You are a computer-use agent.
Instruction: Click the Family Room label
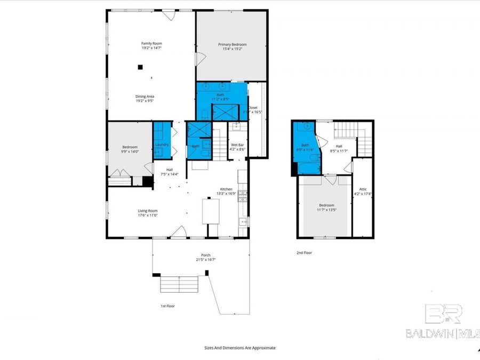coord(151,43)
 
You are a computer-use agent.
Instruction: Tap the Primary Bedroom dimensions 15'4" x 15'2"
coord(232,49)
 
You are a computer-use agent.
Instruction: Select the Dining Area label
coord(145,96)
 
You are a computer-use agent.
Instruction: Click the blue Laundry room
coord(163,141)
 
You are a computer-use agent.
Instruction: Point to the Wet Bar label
coord(237,145)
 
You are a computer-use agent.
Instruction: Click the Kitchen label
coord(226,189)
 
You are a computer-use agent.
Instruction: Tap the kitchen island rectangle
coord(210,211)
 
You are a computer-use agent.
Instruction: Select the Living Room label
coord(148,211)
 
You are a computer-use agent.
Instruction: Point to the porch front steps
coord(180,284)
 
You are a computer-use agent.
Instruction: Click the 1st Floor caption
coord(167,306)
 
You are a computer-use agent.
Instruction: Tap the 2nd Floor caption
coord(304,253)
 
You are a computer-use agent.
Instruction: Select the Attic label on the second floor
coord(363,189)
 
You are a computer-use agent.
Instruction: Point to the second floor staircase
coord(364,140)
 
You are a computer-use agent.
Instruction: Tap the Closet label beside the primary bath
coord(253,107)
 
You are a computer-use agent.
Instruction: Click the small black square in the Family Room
coord(140,67)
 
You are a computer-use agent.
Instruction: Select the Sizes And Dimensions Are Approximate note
coord(240,347)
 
